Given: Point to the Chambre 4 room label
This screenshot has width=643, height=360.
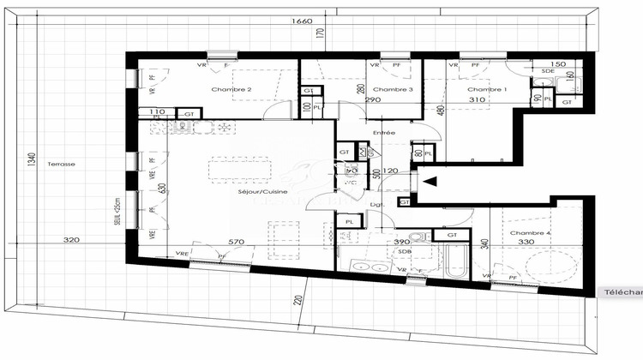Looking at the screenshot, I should click(530, 233).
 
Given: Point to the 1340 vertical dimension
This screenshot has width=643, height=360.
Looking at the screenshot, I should click(31, 163).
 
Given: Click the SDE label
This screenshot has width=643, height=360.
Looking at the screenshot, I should click(548, 72).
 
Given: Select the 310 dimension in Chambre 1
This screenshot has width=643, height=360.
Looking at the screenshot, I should click(478, 100).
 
